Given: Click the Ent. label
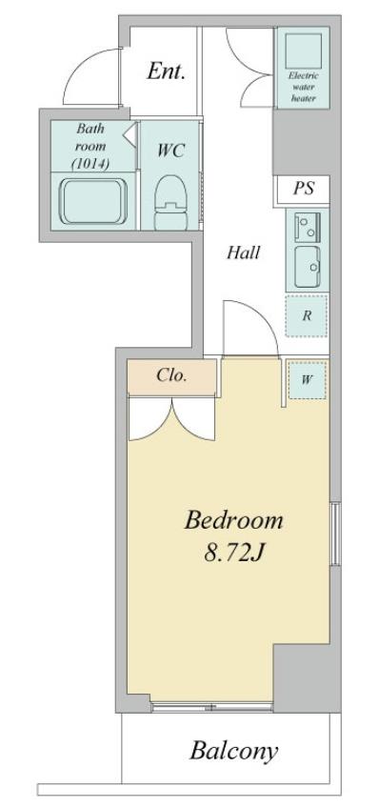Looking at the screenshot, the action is [166, 71].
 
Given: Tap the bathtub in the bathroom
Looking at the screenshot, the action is [93, 201].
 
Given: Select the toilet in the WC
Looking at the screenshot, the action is [170, 202].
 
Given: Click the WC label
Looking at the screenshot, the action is [170, 151].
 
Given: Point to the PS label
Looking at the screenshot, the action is [304, 189].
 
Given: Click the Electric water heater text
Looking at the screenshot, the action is [304, 86].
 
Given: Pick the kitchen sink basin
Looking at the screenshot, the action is [308, 267].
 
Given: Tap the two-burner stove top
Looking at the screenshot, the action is [308, 226].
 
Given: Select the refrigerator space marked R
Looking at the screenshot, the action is [307, 315].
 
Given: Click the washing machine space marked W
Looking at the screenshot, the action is [307, 380].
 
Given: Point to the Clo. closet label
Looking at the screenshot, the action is [171, 375].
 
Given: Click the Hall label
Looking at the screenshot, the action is [243, 252].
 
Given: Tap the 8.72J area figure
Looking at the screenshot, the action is [234, 554].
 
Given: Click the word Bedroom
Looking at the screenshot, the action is [234, 520].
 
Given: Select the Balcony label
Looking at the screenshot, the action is [234, 752].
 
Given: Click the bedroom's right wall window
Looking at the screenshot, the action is [335, 534].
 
